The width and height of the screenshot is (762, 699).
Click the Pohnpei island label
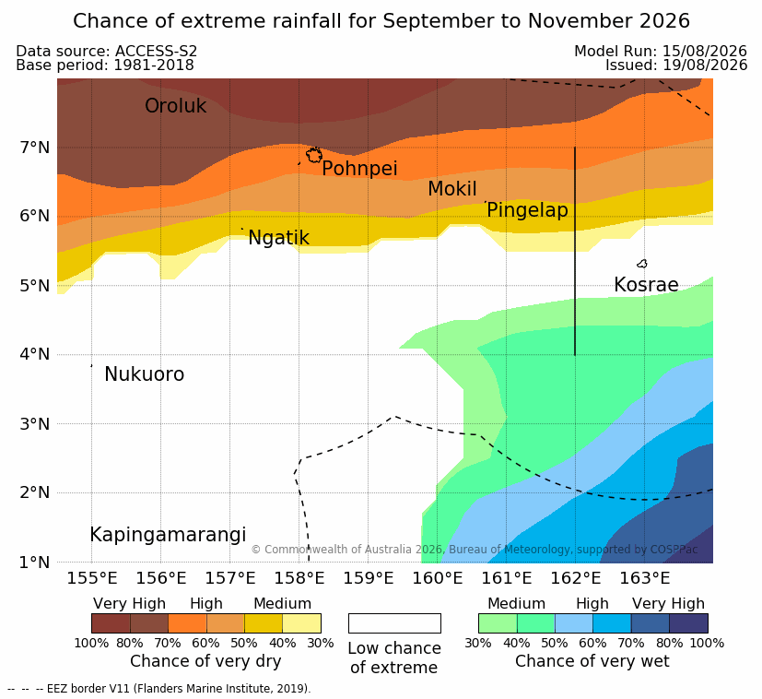(359, 169)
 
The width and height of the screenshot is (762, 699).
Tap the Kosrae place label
(646, 285)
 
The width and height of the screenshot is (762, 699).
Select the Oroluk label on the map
(175, 106)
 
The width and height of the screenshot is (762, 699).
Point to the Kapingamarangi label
(168, 535)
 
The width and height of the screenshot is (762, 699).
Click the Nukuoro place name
(145, 374)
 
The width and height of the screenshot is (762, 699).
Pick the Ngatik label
(278, 238)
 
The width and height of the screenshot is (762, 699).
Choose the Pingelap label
(527, 210)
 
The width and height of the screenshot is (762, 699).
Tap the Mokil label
(452, 189)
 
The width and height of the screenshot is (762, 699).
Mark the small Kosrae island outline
(642, 264)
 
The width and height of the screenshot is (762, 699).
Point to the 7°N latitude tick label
(35, 147)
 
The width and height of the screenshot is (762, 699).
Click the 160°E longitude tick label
(438, 578)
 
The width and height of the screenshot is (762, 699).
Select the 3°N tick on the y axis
(35, 424)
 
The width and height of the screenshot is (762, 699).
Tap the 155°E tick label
(92, 578)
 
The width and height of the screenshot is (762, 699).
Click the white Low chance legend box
(394, 623)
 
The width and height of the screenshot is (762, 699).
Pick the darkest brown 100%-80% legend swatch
(111, 623)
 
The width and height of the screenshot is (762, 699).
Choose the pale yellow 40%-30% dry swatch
(302, 623)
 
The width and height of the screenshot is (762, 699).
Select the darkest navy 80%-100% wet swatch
(688, 623)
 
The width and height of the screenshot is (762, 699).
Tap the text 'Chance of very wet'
(592, 661)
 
